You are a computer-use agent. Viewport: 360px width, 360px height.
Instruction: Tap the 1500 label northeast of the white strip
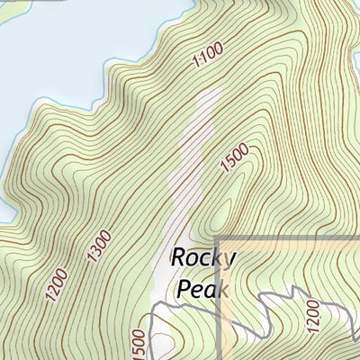[x=234, y=160]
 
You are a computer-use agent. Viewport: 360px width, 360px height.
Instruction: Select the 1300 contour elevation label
[x=100, y=246]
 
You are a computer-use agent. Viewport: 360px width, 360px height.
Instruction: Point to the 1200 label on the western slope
[x=56, y=286]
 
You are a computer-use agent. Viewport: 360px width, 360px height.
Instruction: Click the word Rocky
[x=203, y=258]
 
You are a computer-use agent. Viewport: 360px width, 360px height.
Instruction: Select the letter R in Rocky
[x=178, y=257]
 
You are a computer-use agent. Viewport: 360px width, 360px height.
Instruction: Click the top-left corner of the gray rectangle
[x=223, y=238]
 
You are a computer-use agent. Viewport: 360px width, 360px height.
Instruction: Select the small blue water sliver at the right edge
[x=356, y=63]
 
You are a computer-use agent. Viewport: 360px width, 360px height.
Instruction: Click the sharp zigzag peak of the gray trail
[x=293, y=289]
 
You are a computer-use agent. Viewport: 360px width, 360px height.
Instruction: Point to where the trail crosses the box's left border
[x=223, y=303]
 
